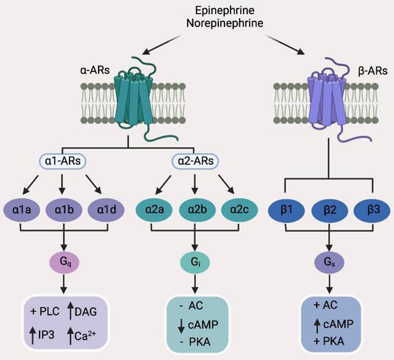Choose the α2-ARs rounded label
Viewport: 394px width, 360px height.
[194, 162]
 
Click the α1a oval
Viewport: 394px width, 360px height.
[23, 208]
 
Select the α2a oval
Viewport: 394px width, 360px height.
[155, 208]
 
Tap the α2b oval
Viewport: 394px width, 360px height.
[194, 208]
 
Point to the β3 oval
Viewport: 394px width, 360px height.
[368, 208]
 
